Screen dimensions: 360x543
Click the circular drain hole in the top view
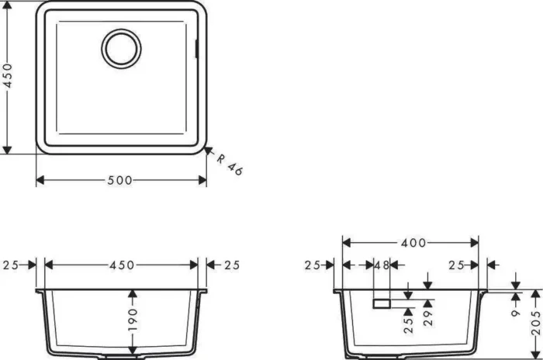(121, 47)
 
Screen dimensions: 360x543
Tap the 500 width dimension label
(119, 180)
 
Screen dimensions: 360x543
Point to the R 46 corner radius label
(230, 164)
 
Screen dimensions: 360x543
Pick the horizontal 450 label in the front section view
(122, 265)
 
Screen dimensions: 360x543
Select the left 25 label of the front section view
(11, 265)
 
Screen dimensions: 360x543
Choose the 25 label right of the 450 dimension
(232, 265)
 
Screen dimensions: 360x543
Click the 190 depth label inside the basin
(133, 320)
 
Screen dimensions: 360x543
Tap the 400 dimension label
(413, 242)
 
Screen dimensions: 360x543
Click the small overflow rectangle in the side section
(382, 302)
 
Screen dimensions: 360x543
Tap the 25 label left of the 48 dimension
(313, 265)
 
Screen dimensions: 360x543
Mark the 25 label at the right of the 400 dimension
(458, 265)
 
